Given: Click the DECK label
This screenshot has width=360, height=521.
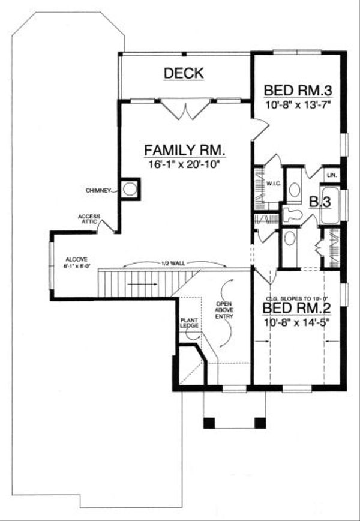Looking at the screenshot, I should pyautogui.click(x=184, y=73).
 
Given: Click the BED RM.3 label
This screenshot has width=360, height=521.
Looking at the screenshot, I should pyautogui.click(x=298, y=90).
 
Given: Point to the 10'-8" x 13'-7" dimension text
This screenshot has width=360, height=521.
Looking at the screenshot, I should pyautogui.click(x=298, y=104).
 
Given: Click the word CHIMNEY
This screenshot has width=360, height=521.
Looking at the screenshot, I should pyautogui.click(x=98, y=191).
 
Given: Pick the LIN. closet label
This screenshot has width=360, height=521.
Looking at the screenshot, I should pyautogui.click(x=331, y=175).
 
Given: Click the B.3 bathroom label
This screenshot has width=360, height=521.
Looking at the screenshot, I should pyautogui.click(x=320, y=202).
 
